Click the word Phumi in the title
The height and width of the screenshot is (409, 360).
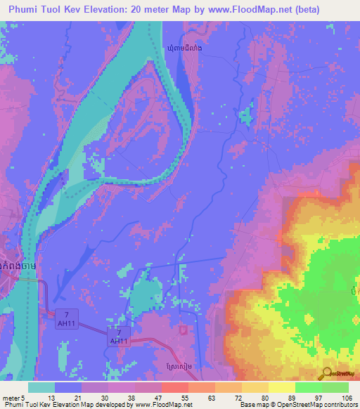pyautogui.click(x=26, y=10)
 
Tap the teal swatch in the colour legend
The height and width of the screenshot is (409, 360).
pyautogui.click(x=41, y=387)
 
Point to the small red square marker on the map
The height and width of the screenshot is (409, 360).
pyautogui.click(x=183, y=329)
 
